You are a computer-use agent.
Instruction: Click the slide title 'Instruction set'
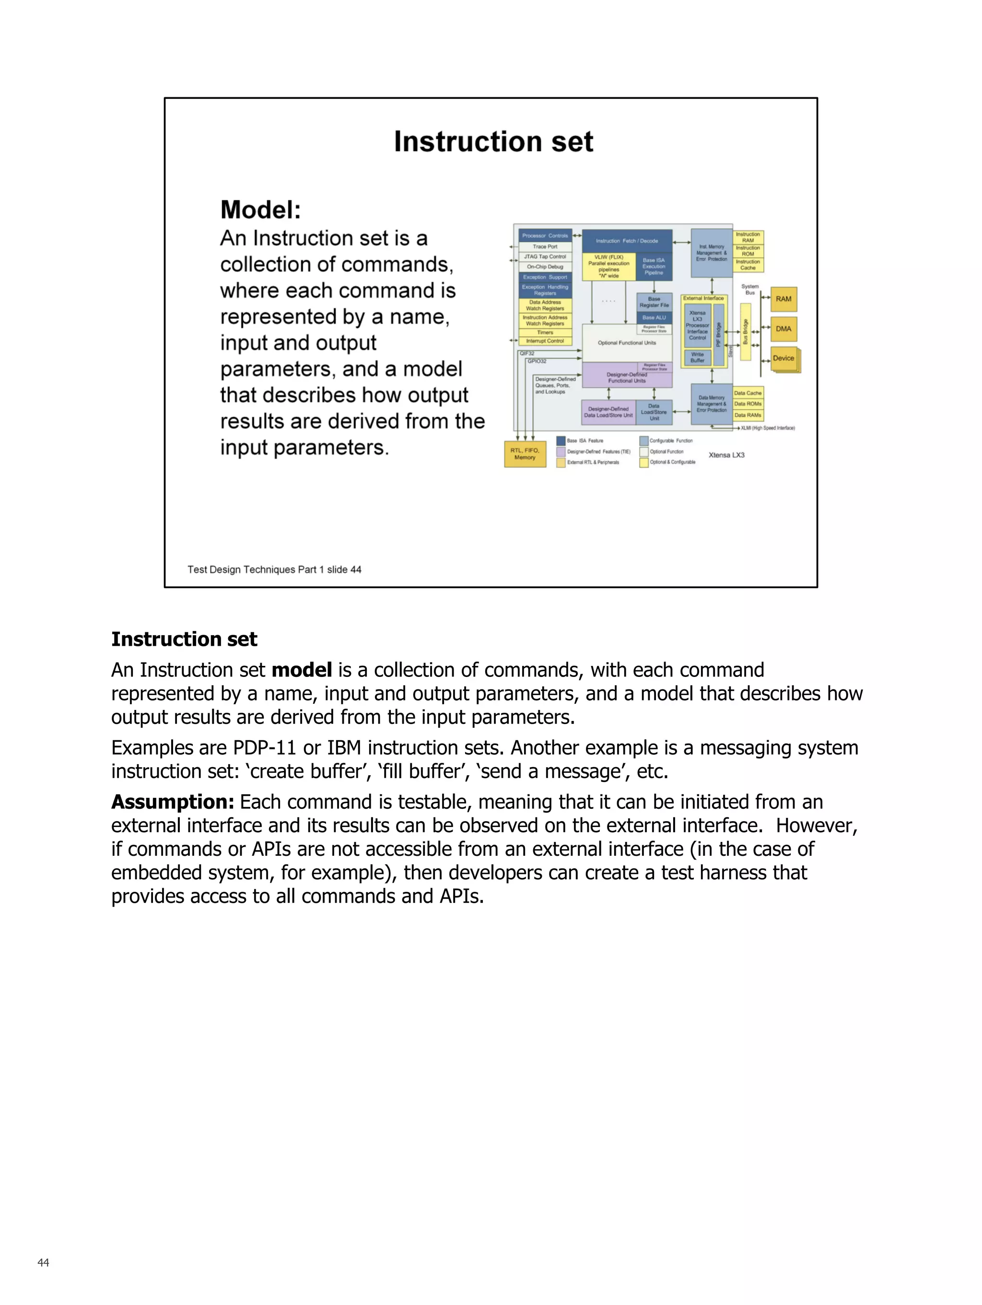tap(493, 141)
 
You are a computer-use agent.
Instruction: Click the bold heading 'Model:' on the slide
tap(260, 210)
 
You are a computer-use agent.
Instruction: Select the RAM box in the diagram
tap(783, 299)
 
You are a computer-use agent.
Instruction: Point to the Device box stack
tap(783, 359)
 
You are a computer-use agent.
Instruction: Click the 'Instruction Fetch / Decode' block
tap(626, 241)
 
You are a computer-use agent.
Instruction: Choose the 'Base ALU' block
tap(654, 317)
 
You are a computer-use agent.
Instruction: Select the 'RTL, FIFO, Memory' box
tap(525, 454)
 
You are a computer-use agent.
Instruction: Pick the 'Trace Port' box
tap(545, 246)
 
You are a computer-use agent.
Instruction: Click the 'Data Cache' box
tap(748, 393)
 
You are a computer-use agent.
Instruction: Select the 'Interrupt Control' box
tap(545, 341)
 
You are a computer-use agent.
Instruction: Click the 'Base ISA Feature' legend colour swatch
tap(561, 441)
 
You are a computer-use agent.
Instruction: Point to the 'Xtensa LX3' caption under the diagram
tap(726, 455)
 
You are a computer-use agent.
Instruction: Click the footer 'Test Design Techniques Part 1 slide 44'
tap(274, 569)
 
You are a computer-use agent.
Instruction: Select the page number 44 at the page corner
tap(43, 1262)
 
